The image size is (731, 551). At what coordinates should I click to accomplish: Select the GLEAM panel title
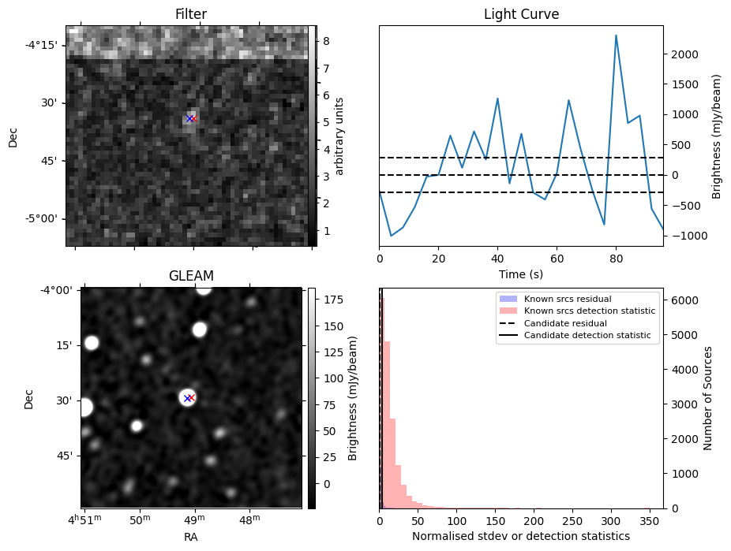(191, 276)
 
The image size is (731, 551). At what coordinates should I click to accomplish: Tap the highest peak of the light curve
(616, 35)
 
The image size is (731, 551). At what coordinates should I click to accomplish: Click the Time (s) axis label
(521, 274)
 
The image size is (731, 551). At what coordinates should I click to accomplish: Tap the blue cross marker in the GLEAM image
(187, 398)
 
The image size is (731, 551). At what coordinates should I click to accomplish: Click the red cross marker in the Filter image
(193, 118)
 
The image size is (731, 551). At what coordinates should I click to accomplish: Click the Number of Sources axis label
(707, 398)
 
